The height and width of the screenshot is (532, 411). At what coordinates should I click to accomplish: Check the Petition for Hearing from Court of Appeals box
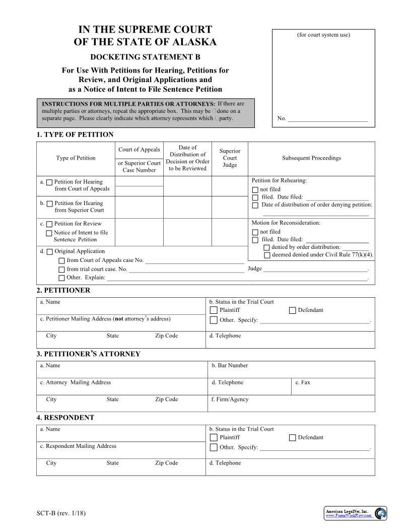49,182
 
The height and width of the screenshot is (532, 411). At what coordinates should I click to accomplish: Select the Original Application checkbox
49,251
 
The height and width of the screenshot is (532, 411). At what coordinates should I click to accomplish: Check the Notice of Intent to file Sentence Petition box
49,233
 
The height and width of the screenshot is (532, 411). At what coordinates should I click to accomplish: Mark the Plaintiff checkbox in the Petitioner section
214,310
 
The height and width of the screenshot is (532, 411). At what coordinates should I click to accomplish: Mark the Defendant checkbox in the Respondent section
293,438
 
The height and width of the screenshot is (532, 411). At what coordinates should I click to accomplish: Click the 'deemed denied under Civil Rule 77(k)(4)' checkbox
267,255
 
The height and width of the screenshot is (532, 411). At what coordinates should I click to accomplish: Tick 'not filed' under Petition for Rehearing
255,190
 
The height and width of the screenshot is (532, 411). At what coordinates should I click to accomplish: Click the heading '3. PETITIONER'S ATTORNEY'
88,354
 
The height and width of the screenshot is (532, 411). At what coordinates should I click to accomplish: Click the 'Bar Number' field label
230,366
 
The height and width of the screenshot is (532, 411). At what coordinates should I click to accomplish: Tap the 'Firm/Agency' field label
230,400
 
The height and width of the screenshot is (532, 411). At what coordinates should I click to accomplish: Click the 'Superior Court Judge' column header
230,158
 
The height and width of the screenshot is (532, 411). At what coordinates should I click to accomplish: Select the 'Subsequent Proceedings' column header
311,158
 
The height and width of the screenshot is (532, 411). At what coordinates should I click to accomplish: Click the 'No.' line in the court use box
322,119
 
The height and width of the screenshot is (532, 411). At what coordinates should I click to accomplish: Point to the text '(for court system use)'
323,35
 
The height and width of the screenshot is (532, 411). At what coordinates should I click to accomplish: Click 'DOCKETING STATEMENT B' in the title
145,57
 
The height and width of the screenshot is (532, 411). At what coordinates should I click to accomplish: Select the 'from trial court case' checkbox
61,270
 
